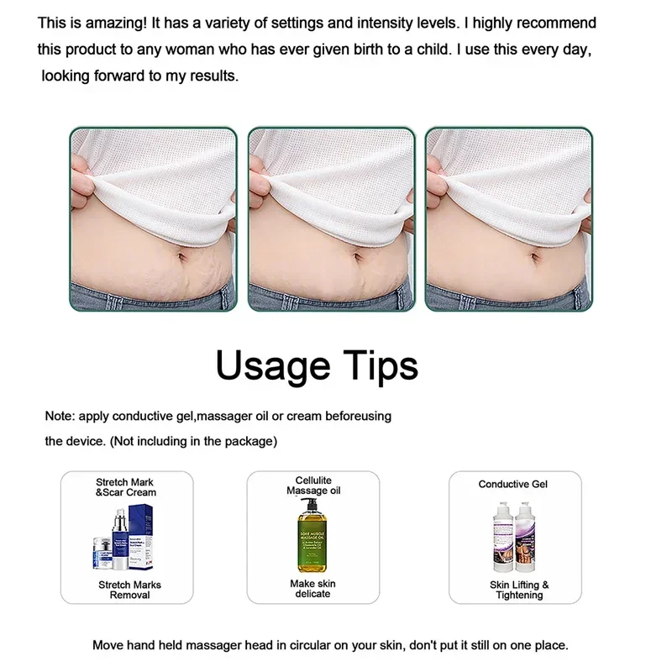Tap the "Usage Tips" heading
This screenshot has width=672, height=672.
317,366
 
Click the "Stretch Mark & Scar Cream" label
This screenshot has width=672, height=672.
126,487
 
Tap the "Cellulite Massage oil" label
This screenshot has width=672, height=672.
313,485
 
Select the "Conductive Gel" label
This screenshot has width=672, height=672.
512,485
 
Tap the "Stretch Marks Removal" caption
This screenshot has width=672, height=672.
130,590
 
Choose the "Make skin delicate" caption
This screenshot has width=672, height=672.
310,588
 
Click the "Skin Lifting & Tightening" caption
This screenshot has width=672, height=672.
519,590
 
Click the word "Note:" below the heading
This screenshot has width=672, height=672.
59,417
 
